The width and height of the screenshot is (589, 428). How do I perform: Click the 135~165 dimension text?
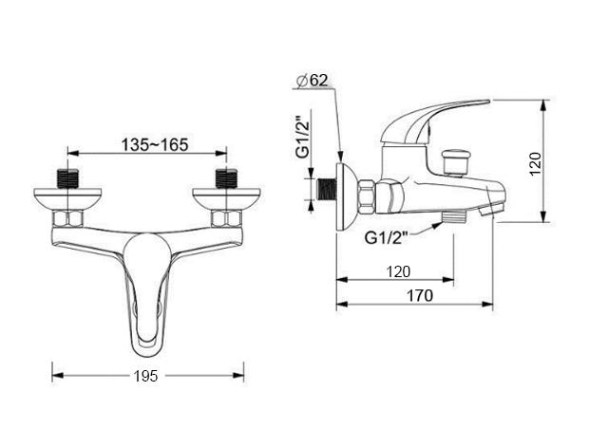click(155, 145)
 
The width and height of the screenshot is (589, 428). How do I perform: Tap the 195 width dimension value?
click(146, 376)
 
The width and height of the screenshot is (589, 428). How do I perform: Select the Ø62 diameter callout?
click(313, 81)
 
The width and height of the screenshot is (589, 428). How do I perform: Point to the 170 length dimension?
click(420, 295)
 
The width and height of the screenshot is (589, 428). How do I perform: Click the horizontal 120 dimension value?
click(398, 271)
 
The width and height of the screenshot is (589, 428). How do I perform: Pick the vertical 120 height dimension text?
click(535, 163)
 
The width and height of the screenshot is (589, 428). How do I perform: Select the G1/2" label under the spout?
click(386, 238)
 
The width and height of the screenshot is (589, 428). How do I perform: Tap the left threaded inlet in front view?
click(68, 178)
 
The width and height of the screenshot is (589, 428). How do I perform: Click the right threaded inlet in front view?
click(226, 178)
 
